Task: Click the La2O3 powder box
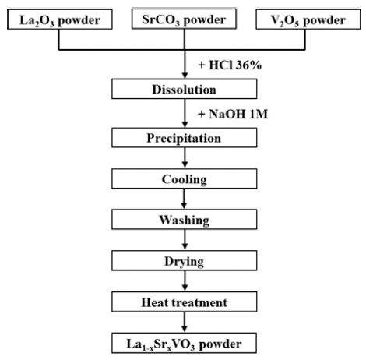point(60,19)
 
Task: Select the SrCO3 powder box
point(184,19)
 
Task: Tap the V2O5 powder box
point(308,19)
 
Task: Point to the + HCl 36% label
point(230,65)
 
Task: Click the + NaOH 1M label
point(233,114)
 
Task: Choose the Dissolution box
point(185,89)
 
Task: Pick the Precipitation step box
point(185,138)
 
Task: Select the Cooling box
point(185,178)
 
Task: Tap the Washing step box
point(185,220)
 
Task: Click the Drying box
point(185,260)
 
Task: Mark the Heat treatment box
point(185,302)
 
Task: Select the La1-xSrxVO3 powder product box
point(185,343)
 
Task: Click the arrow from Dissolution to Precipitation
point(185,113)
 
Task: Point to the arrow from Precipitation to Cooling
point(185,158)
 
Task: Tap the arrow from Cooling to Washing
point(185,199)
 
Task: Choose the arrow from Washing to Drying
point(185,240)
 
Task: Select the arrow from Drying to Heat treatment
point(185,281)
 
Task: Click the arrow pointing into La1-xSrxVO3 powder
point(185,322)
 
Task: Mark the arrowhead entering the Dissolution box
point(185,76)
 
